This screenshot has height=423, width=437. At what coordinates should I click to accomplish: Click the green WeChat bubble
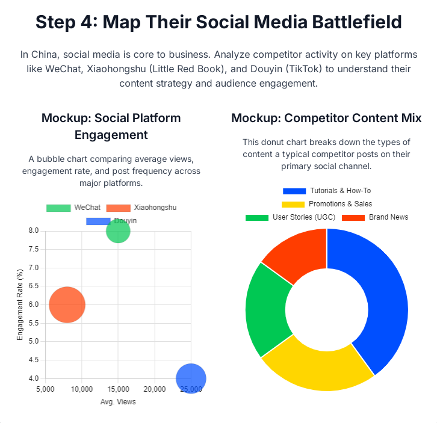[x=118, y=231]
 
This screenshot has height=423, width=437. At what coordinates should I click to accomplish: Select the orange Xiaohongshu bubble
[x=67, y=305]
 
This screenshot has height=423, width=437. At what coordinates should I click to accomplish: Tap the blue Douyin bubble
[x=191, y=378]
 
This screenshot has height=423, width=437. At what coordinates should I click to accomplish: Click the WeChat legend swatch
[x=58, y=208]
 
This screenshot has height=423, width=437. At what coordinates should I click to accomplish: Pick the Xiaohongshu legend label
[x=155, y=208]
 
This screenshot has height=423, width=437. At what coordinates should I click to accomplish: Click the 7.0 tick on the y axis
[x=33, y=268]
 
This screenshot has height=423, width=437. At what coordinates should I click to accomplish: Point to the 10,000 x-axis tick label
[x=81, y=389]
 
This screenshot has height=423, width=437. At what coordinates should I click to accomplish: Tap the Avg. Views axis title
[x=118, y=401]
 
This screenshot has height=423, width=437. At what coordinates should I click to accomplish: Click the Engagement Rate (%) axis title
[x=20, y=304]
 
